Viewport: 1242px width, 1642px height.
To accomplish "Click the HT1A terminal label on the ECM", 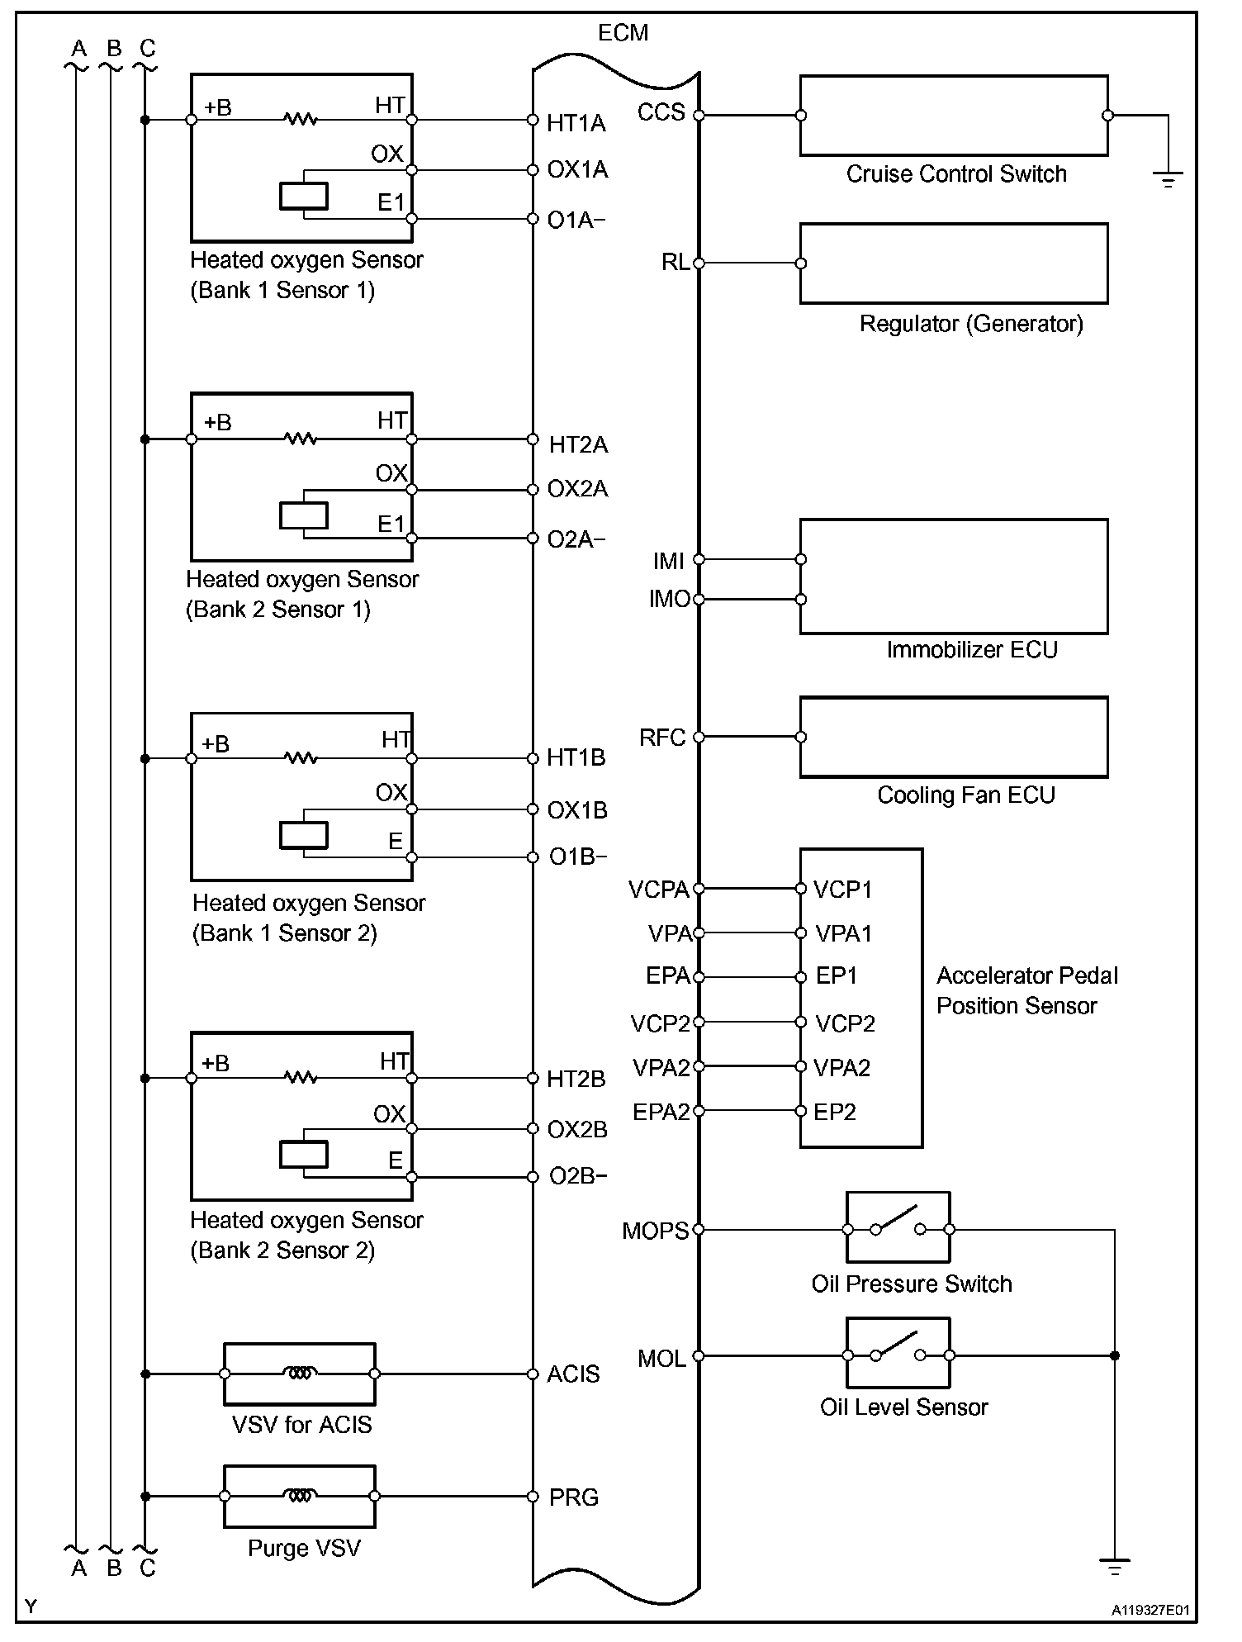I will [x=576, y=123].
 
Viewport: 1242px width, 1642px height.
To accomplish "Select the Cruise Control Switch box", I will [x=954, y=116].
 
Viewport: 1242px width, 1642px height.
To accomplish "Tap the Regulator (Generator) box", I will [x=954, y=263].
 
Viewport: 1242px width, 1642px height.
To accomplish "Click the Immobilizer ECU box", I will [x=954, y=577].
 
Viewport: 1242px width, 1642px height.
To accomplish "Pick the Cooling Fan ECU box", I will [x=954, y=737].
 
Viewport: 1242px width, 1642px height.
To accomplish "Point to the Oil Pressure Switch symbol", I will [x=898, y=1227].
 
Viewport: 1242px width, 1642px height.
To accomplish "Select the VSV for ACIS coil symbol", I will [x=299, y=1374].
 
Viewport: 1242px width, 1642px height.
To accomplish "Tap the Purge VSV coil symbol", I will [x=299, y=1496].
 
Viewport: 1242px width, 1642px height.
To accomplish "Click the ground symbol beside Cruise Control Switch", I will [x=1168, y=178].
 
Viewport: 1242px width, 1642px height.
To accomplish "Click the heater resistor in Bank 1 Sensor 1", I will [x=301, y=120].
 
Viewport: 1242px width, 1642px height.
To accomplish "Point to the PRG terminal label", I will [x=574, y=1497].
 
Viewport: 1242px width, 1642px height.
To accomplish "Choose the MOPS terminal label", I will [x=656, y=1231].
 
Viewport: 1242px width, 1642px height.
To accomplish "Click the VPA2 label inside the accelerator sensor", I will [x=842, y=1068].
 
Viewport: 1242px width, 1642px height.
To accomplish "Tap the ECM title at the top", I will [x=623, y=33].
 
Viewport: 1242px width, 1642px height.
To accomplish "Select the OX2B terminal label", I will [x=577, y=1130].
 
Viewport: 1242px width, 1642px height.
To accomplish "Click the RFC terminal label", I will [x=662, y=738].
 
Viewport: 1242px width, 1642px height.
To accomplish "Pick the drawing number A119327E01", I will [x=1150, y=1610].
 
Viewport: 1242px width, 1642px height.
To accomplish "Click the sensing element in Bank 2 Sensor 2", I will [x=304, y=1154].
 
